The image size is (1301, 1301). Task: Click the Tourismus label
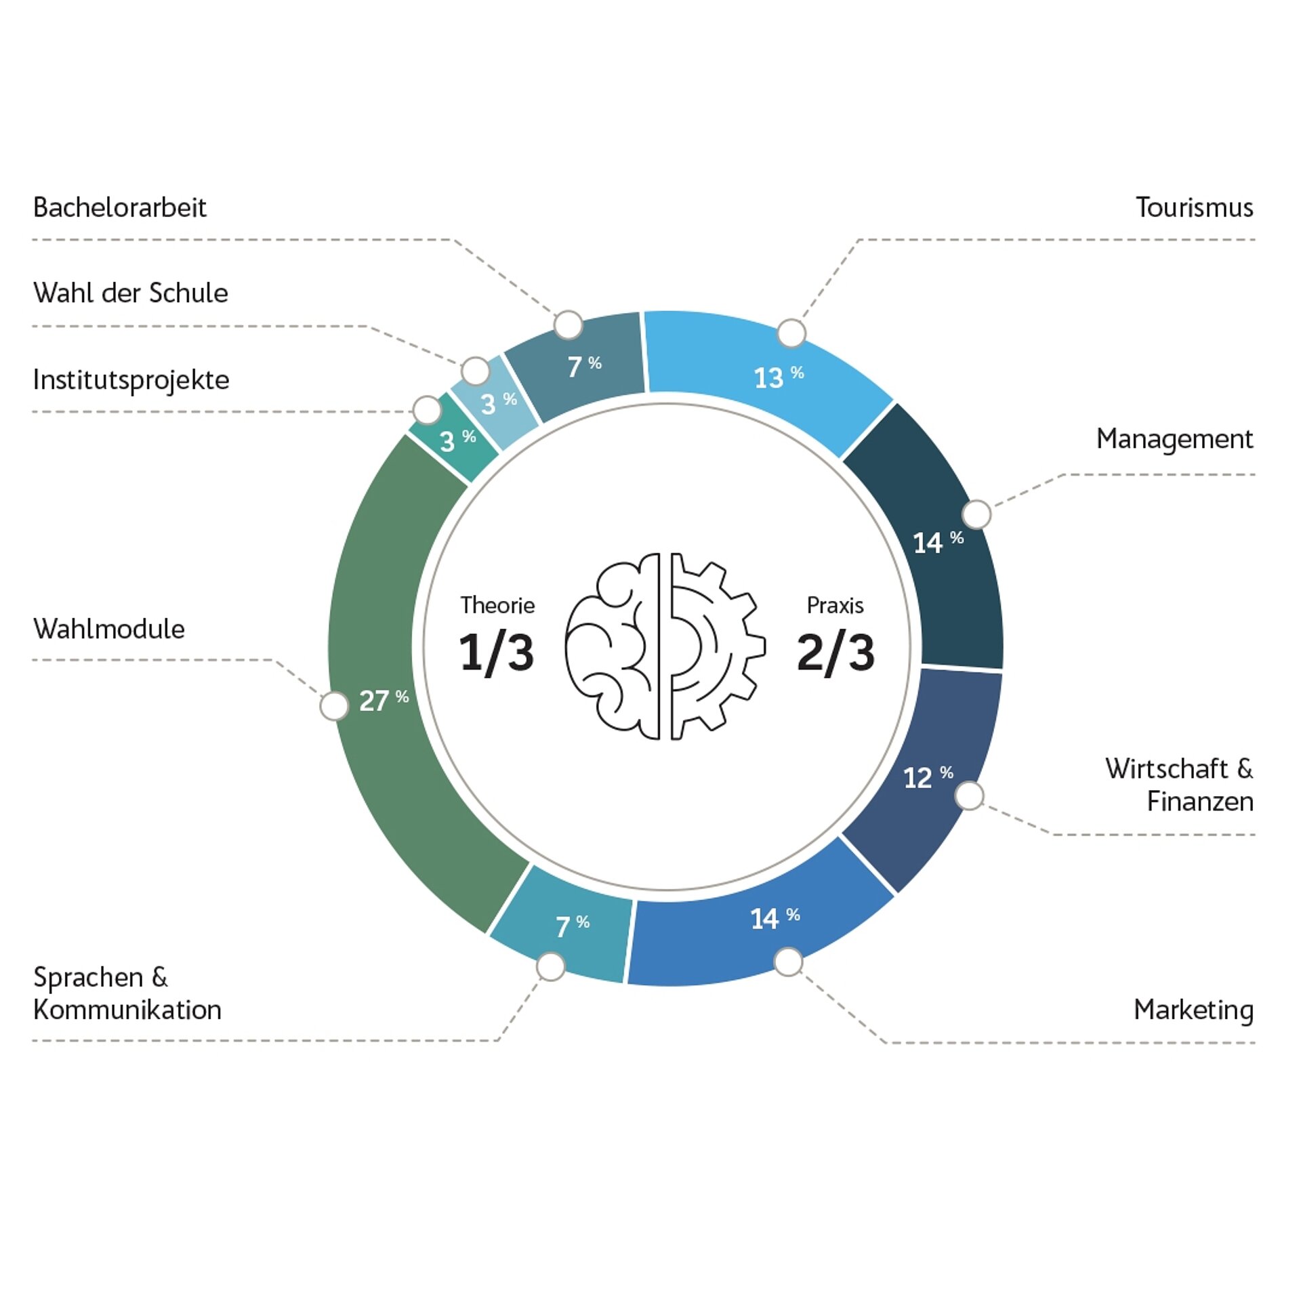point(1194,207)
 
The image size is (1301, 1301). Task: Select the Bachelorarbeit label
point(119,207)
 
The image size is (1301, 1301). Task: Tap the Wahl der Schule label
point(130,293)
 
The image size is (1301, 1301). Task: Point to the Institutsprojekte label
point(131,379)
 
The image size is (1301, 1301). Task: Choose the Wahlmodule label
point(108,629)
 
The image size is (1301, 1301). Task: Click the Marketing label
point(1193,1010)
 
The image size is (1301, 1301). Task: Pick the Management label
point(1174,439)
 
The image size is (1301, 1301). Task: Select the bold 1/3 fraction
point(497,653)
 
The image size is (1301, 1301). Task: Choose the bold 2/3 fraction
point(835,653)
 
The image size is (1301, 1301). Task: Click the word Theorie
point(497,605)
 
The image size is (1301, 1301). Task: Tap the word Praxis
point(835,605)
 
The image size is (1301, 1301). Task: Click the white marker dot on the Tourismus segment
point(791,333)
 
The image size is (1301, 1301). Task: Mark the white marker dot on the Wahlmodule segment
point(334,706)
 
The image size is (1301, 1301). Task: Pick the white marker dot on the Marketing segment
point(788,962)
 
